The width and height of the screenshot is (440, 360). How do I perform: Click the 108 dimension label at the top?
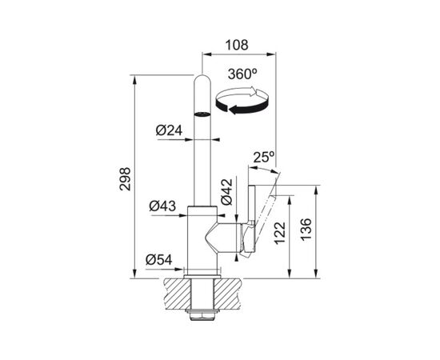tap(237, 45)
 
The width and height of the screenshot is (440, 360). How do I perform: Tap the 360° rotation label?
tap(242, 74)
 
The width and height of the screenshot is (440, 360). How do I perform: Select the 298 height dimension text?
tap(125, 179)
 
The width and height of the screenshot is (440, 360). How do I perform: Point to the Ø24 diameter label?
tap(169, 130)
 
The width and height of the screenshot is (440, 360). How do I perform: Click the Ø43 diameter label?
tap(162, 206)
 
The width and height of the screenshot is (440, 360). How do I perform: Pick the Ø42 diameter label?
tap(226, 191)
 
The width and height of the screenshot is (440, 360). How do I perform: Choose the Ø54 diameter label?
tap(159, 260)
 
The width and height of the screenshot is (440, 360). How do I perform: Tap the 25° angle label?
tap(264, 158)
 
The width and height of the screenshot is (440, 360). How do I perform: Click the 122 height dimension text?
tap(280, 233)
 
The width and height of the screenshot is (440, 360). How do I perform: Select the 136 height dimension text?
tap(306, 229)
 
